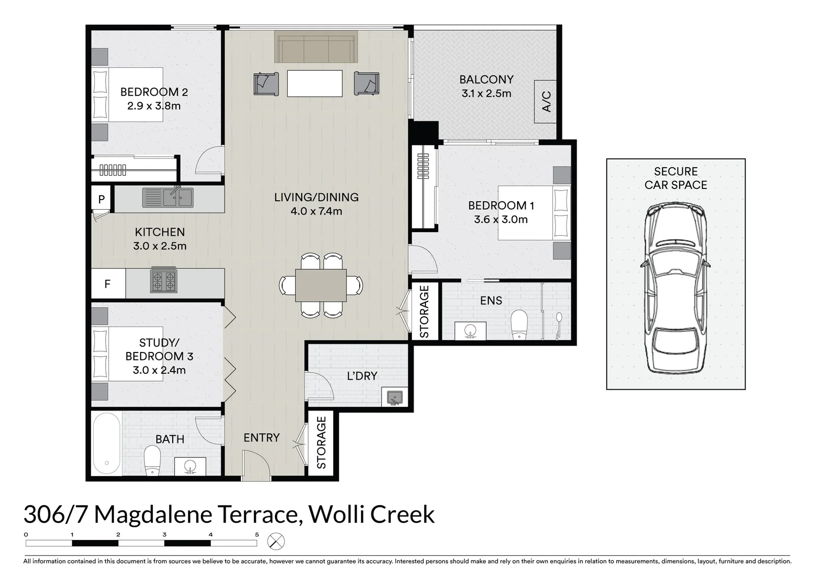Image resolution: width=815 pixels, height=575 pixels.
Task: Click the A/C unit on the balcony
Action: (545, 101)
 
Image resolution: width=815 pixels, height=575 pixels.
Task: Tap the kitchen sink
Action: (168, 198)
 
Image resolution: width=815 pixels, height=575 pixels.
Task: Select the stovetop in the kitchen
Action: (164, 280)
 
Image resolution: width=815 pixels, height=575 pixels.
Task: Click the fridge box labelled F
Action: (108, 284)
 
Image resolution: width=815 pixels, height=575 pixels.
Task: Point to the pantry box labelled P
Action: (101, 199)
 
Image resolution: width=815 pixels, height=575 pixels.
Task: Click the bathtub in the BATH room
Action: (107, 443)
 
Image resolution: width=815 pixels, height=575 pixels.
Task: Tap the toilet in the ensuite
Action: (519, 324)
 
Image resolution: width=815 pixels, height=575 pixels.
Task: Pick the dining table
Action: (320, 285)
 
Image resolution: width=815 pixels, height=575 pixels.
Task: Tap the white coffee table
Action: (314, 83)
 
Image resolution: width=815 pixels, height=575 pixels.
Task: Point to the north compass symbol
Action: (276, 541)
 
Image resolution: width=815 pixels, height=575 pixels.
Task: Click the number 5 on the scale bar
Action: (257, 535)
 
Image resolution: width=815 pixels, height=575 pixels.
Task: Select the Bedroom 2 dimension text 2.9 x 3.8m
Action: (154, 106)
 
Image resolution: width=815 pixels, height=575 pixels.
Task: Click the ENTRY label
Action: (262, 438)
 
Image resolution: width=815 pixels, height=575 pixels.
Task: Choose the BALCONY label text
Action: (487, 79)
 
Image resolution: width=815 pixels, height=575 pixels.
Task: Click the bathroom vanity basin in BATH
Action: (190, 466)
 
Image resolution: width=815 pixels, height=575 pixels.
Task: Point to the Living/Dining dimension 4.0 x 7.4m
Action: (316, 211)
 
